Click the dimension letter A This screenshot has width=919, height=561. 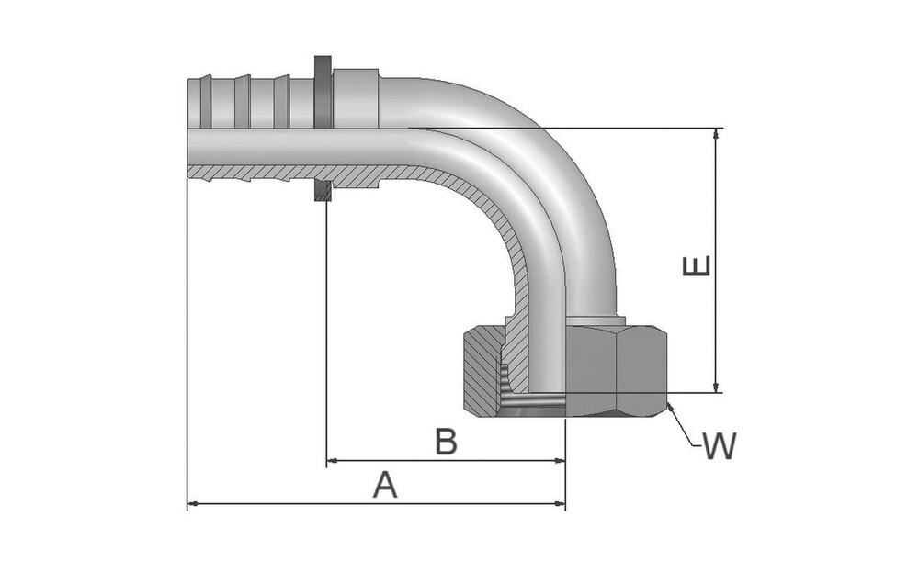point(386,484)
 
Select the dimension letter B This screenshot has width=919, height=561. point(446,442)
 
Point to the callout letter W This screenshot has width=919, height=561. point(720,447)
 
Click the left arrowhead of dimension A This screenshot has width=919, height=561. point(192,503)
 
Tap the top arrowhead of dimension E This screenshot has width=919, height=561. point(717,134)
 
